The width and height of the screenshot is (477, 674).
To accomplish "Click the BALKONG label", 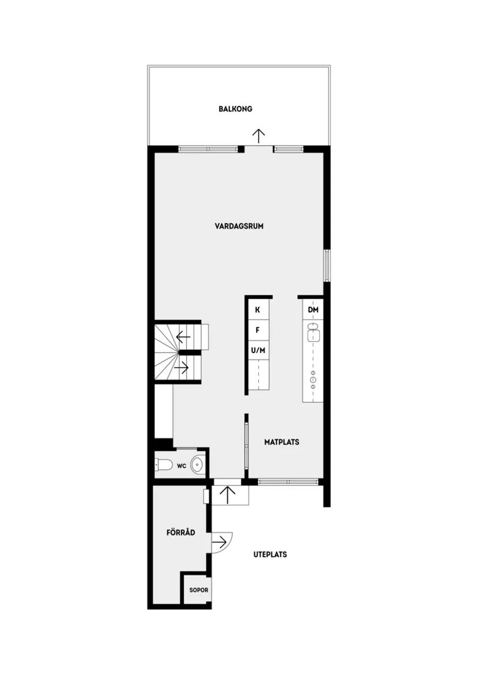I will tap(235, 109).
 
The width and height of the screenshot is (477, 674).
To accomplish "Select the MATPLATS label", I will tap(282, 442).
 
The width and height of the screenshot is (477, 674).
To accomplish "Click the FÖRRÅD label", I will tap(180, 533).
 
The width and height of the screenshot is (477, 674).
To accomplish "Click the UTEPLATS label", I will tap(270, 554).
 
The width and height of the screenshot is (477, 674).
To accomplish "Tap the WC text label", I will tap(181, 465).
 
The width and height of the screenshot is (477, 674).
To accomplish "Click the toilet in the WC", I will tap(163, 464).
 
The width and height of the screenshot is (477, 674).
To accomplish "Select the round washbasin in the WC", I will tap(198, 464).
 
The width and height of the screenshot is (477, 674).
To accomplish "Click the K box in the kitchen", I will tap(258, 310).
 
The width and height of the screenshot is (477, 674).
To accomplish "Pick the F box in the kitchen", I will tap(258, 330).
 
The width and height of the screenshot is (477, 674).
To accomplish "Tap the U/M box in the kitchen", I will tap(258, 350).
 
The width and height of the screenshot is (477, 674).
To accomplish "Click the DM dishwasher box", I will tap(313, 310).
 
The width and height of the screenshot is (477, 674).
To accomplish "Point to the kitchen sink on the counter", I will tap(313, 333).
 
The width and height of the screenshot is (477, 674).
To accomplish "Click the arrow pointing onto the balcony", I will tap(258, 136).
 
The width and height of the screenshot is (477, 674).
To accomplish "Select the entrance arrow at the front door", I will tap(229, 495).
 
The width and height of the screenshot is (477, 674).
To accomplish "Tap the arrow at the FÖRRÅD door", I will tap(220, 542).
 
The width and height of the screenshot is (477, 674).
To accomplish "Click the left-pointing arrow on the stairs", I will tap(184, 336).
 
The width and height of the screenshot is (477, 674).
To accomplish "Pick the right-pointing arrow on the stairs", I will tap(184, 366).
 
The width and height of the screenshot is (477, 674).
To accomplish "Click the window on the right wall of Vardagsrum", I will tap(327, 266).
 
